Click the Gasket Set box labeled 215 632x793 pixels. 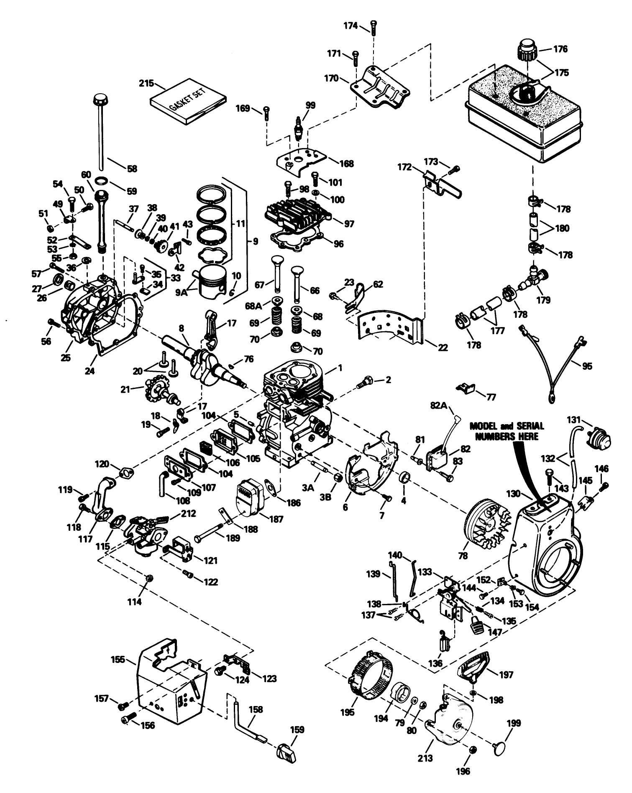click(x=188, y=102)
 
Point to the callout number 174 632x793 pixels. click(x=351, y=26)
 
